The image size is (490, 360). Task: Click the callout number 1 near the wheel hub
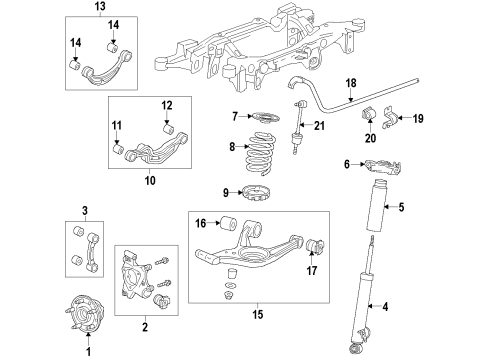point(86,350)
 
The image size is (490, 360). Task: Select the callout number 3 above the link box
point(85,210)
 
